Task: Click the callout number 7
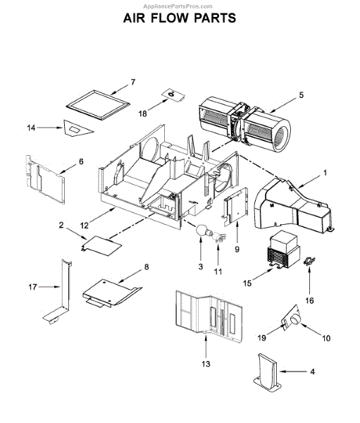(132, 82)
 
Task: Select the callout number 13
(205, 365)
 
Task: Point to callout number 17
(31, 287)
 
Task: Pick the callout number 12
(84, 225)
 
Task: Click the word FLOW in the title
(180, 18)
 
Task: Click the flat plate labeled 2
(101, 244)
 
